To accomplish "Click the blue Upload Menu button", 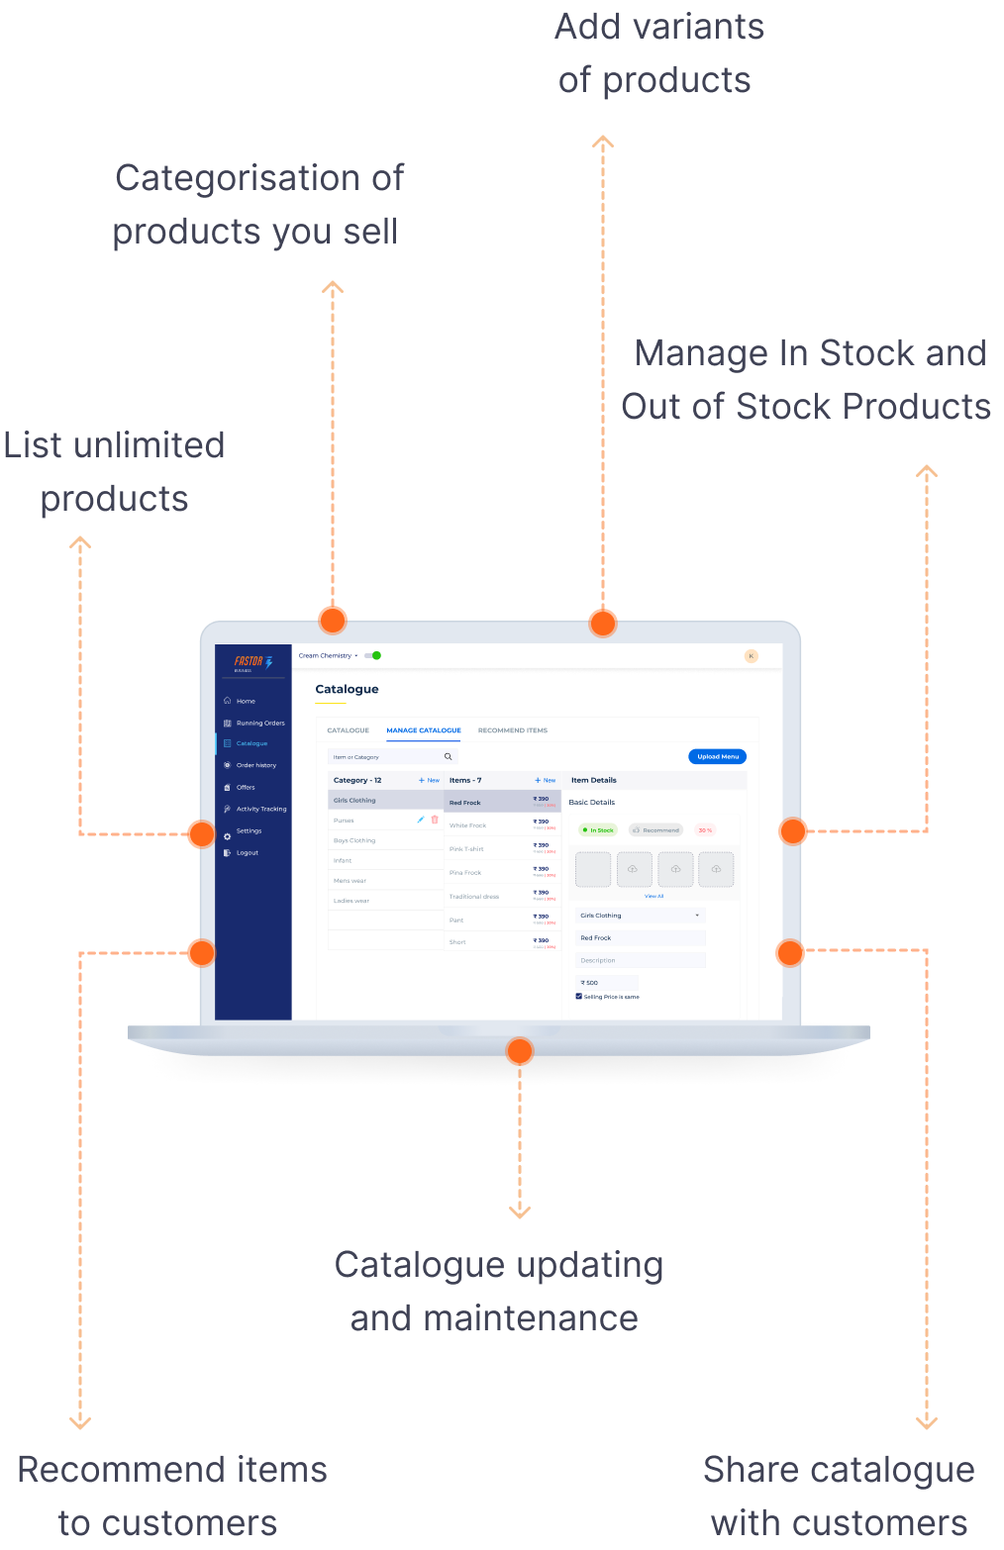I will pos(717,756).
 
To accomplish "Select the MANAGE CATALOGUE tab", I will pos(424,730).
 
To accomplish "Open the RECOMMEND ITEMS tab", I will pos(512,730).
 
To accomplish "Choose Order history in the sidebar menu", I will pos(255,765).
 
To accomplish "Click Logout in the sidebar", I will pos(247,852).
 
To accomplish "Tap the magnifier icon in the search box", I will pos(448,757).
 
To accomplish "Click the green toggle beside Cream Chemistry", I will pos(372,655).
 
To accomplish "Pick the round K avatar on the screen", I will pos(752,656).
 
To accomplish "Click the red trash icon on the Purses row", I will pos(435,820).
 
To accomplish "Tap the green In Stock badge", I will pos(599,830).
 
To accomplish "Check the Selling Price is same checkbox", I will pos(579,997).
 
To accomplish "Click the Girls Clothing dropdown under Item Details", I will pos(640,916).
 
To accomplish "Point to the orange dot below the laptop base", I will pos(519,1051).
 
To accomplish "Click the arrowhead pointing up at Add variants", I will pos(603,142).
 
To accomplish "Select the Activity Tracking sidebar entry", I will pos(260,809).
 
